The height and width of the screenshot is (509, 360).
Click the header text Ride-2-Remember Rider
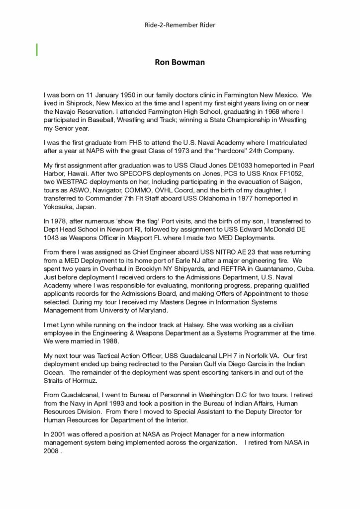(180, 24)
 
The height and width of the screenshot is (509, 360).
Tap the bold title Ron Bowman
(180, 63)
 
